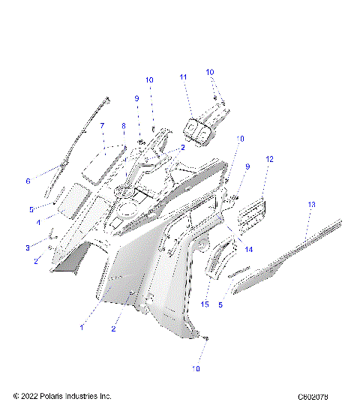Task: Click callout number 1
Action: tap(82, 327)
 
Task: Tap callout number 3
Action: tap(28, 247)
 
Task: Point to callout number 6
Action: tap(28, 181)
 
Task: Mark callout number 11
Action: tap(183, 77)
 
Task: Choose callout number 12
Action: tap(269, 159)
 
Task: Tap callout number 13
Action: tap(311, 205)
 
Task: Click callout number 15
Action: tap(205, 304)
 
